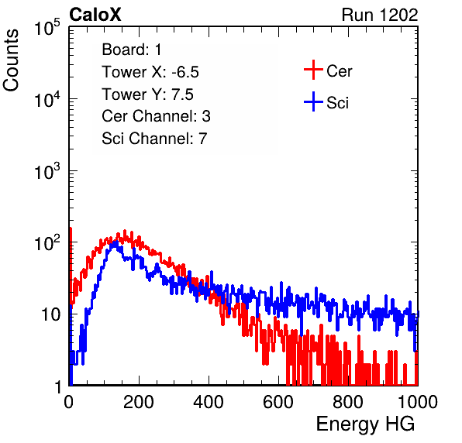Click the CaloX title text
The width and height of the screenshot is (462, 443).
[95, 15]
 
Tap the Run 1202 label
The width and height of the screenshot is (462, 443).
[380, 15]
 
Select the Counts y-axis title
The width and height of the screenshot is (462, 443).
[11, 60]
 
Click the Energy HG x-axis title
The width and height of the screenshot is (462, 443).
[365, 424]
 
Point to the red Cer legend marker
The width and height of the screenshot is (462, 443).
[313, 70]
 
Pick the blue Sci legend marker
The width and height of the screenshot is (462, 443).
[313, 101]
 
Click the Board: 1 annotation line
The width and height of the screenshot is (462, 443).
[132, 50]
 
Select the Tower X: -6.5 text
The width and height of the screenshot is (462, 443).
[150, 72]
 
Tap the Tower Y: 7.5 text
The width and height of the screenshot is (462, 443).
[147, 94]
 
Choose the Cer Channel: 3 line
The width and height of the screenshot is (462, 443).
[156, 116]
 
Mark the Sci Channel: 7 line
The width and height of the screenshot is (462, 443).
[154, 139]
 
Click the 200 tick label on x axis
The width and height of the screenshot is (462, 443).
[139, 402]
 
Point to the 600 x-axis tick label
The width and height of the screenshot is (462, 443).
[278, 402]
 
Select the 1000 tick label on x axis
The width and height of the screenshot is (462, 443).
[418, 402]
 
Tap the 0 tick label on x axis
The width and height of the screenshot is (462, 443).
[69, 402]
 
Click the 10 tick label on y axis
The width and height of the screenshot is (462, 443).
[51, 314]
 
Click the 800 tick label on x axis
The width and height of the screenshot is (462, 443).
[348, 402]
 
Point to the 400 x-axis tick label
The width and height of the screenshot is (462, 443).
[209, 402]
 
